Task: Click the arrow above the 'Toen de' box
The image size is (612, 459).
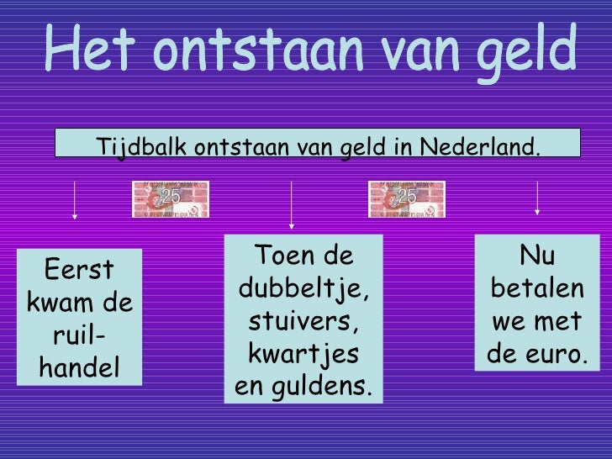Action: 291,203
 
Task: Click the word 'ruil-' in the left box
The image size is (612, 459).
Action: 79,335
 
